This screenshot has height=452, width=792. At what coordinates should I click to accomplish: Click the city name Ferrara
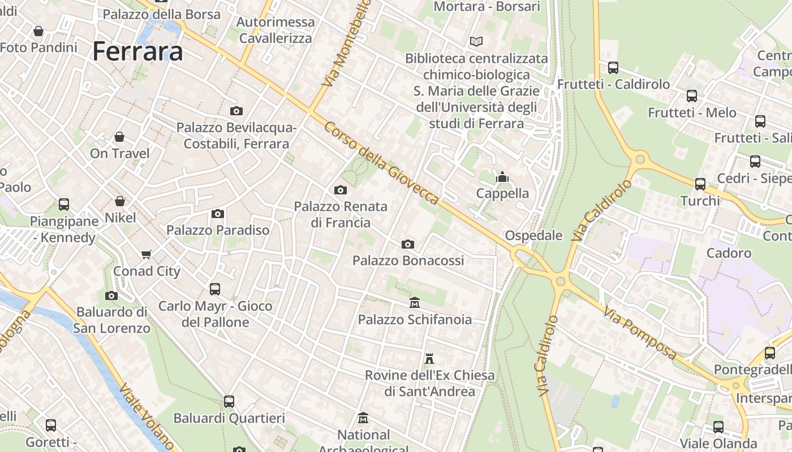click(x=137, y=51)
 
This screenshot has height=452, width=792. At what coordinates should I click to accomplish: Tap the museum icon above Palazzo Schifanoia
click(x=415, y=303)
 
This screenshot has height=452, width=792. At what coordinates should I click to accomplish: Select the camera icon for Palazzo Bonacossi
click(x=407, y=244)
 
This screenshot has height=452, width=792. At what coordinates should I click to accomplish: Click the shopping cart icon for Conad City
click(x=147, y=254)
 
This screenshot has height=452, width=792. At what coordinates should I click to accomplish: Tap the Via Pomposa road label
click(x=640, y=333)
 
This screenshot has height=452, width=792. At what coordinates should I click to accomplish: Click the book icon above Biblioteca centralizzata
click(x=476, y=41)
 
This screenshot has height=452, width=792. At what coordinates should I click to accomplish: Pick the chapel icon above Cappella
click(x=502, y=177)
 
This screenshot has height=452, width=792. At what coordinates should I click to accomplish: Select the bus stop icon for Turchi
click(x=700, y=184)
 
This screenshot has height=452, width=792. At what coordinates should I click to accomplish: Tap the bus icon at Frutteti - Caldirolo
click(x=613, y=68)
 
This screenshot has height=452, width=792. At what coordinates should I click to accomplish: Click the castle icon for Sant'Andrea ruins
click(x=429, y=359)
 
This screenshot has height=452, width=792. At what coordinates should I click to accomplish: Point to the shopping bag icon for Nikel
click(x=120, y=201)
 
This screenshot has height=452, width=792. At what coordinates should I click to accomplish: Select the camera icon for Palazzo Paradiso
click(x=218, y=214)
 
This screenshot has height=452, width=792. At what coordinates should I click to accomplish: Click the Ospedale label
click(x=533, y=235)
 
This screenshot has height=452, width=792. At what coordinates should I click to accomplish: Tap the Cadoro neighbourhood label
click(x=729, y=253)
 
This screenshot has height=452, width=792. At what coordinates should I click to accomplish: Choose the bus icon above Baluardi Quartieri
click(x=229, y=402)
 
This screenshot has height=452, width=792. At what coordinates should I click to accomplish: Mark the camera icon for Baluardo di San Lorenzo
click(x=111, y=295)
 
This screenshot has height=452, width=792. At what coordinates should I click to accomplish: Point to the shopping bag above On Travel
click(x=119, y=137)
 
